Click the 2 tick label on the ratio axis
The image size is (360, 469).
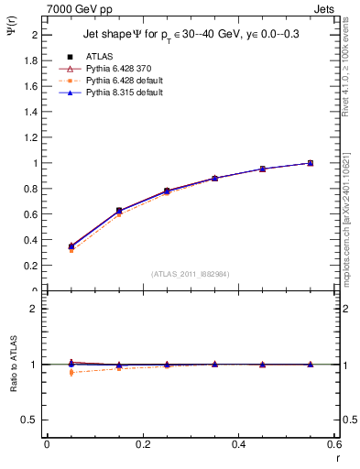pyautogui.click(x=37, y=309)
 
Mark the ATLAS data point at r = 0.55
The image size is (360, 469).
pyautogui.click(x=311, y=163)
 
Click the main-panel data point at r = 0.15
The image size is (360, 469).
pyautogui.click(x=118, y=211)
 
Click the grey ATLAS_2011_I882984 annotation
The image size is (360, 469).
pyautogui.click(x=191, y=273)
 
